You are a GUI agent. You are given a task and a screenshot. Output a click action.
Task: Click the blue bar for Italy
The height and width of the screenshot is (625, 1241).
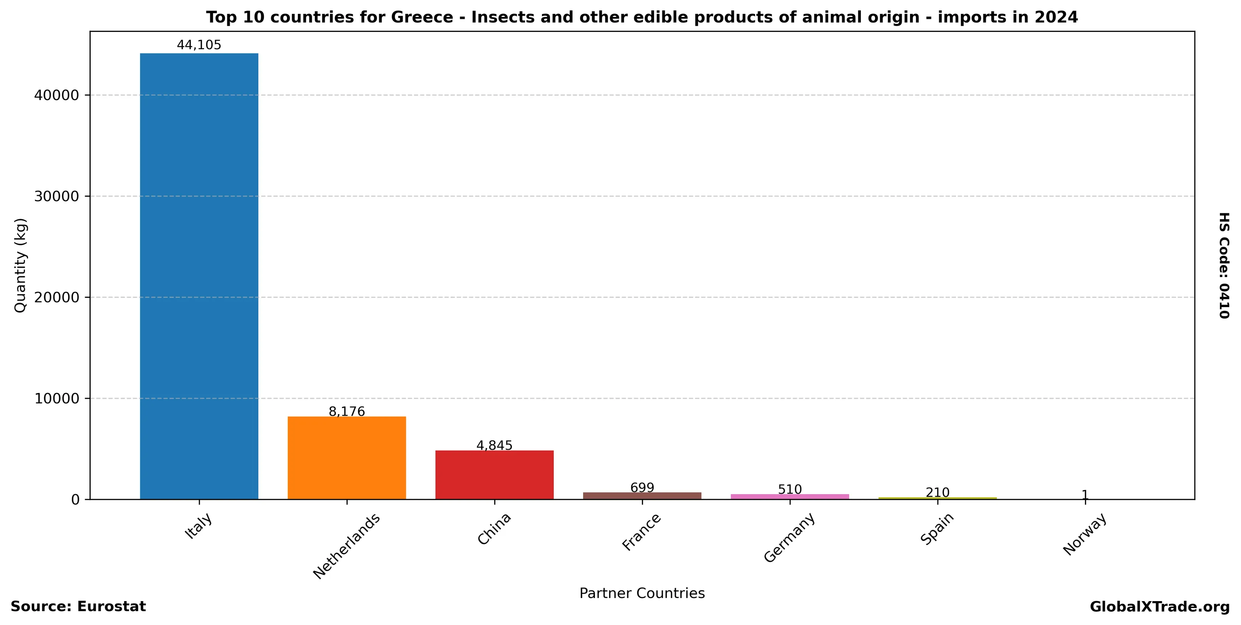tap(199, 276)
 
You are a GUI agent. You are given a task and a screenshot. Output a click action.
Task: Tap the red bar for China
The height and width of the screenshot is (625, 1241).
tap(494, 475)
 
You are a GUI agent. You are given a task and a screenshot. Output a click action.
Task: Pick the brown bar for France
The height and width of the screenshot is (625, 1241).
tap(642, 496)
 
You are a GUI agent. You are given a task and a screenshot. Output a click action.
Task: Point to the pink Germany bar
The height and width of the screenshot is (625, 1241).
tap(789, 497)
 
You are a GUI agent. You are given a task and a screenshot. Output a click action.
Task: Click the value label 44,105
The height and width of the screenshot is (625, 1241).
tap(199, 45)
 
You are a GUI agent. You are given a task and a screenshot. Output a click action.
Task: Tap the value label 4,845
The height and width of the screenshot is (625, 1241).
tap(494, 445)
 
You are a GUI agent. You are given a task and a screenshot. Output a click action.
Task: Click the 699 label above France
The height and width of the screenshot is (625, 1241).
tap(642, 488)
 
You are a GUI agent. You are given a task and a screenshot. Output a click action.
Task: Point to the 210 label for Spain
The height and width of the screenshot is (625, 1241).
tap(937, 492)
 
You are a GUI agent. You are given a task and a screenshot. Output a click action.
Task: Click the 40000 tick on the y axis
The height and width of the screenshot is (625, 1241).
tap(56, 95)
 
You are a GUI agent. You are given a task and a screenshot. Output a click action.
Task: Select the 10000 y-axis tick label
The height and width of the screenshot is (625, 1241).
tap(56, 399)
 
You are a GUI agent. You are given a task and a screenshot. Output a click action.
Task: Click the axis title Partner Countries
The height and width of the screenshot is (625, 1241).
tap(642, 593)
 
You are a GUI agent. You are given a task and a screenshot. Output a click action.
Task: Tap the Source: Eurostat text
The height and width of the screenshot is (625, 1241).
tap(78, 607)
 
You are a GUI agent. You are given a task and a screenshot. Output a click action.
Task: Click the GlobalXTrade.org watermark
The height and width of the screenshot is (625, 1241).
tap(1160, 607)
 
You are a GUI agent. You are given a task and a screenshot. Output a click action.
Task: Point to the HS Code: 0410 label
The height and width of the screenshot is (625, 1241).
tap(1224, 265)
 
